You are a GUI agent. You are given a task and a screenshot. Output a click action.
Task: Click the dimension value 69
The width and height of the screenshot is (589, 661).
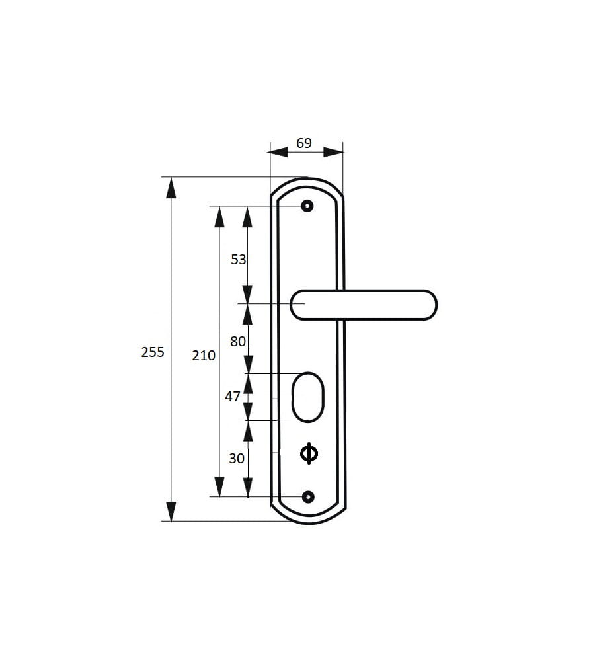tap(303, 143)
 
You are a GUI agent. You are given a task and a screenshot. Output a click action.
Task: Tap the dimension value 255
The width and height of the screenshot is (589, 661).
tap(153, 352)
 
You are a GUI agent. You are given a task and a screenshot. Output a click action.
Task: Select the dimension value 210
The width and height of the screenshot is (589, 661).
tap(204, 356)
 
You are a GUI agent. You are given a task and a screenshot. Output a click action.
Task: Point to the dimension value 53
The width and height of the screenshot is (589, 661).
tap(238, 260)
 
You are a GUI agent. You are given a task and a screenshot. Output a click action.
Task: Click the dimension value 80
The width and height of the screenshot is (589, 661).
tap(238, 342)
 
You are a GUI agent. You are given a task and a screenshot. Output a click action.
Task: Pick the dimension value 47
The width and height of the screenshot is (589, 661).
tap(232, 396)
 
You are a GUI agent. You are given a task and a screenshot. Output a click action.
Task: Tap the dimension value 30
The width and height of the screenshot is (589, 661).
tap(237, 458)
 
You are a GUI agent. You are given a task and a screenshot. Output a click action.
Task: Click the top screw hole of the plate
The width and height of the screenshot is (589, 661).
tap(307, 206)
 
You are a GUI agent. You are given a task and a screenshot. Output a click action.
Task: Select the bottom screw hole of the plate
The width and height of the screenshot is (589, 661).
tap(309, 498)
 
